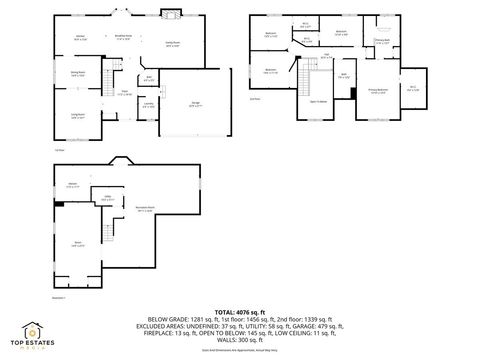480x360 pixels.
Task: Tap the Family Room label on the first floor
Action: tap(172, 44)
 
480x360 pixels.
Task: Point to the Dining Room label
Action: tap(77, 72)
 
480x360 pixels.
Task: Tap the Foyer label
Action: tap(125, 93)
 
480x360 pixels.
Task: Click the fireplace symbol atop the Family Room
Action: tap(171, 13)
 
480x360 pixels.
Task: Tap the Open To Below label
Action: tap(319, 101)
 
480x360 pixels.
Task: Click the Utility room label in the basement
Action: tap(107, 198)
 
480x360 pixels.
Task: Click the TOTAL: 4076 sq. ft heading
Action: tap(239, 313)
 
